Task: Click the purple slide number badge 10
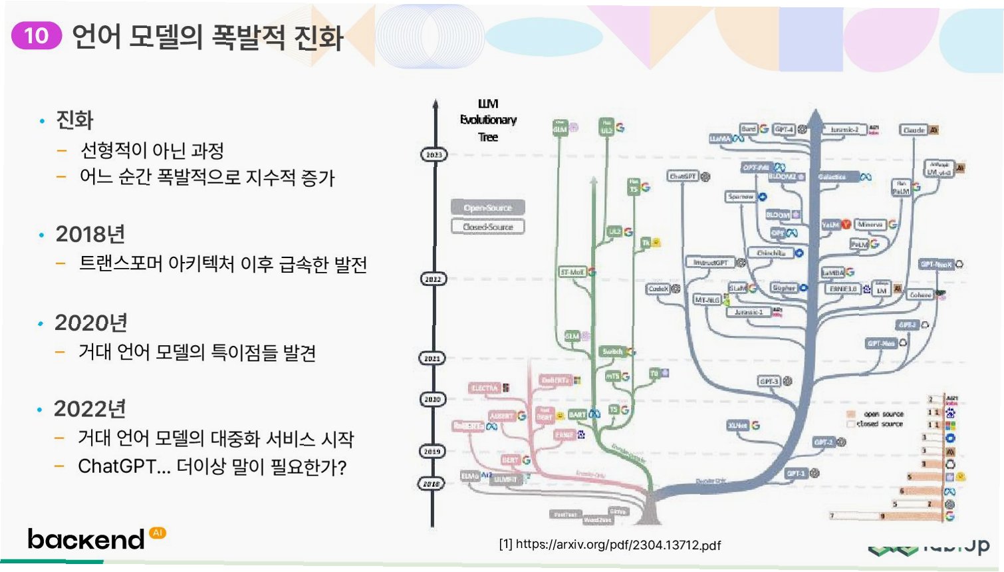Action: (37, 35)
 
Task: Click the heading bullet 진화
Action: (74, 120)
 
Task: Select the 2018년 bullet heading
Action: (90, 234)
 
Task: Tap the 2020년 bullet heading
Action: (91, 323)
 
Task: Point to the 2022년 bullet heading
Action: (90, 409)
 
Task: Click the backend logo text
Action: (86, 539)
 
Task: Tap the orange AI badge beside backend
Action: (158, 533)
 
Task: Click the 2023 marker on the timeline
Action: (434, 155)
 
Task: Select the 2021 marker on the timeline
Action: (432, 358)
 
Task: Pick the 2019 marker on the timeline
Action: (432, 452)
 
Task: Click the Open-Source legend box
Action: (487, 208)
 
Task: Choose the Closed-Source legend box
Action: (487, 227)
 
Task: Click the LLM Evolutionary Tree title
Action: (488, 120)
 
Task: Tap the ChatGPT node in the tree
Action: (683, 176)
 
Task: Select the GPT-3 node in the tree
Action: (769, 381)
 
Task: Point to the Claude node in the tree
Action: (914, 130)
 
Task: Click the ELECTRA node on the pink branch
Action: (485, 388)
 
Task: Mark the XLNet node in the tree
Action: (738, 425)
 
